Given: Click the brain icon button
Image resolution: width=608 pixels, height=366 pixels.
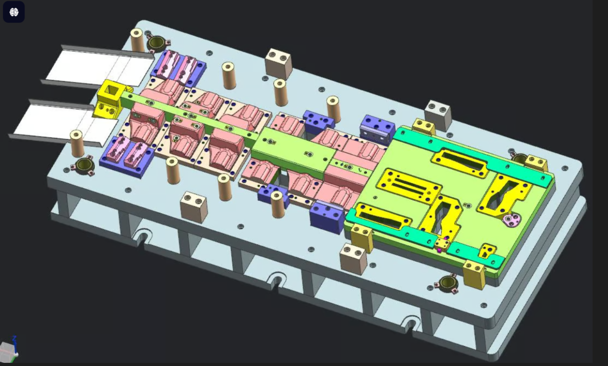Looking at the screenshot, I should pos(14,12).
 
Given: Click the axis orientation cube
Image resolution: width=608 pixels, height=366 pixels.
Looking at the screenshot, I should pos(8,350).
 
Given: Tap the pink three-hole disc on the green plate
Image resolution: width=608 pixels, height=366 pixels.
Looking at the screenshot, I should pos(511,220).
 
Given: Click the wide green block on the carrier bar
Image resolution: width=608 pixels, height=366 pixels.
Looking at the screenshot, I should pos(290,150).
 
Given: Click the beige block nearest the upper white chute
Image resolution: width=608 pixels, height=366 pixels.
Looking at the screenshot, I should pos(278,63).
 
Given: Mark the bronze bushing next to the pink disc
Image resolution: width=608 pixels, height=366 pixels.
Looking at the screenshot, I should pos(520,159).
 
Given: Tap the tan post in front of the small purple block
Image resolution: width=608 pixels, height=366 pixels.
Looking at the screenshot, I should pos(278,205).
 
